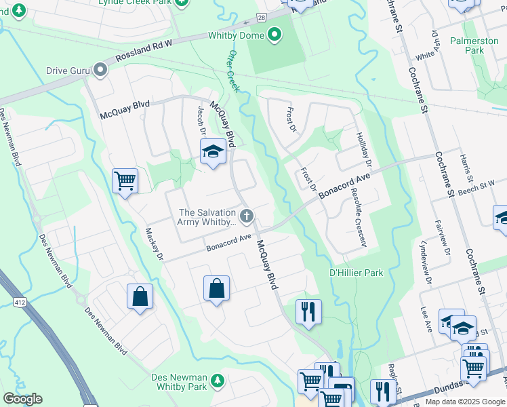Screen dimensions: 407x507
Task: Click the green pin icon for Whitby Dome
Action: pyautogui.click(x=275, y=34)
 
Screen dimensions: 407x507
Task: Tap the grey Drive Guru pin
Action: pyautogui.click(x=101, y=70)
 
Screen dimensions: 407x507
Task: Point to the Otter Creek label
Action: pyautogui.click(x=234, y=71)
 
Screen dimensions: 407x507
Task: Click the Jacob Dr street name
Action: pyautogui.click(x=201, y=121)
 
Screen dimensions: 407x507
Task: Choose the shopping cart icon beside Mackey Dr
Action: pyautogui.click(x=125, y=181)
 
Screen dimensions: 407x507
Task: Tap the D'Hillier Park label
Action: pyautogui.click(x=356, y=273)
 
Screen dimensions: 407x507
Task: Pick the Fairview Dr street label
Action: pyautogui.click(x=447, y=241)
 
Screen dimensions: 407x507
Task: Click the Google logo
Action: pyautogui.click(x=22, y=399)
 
